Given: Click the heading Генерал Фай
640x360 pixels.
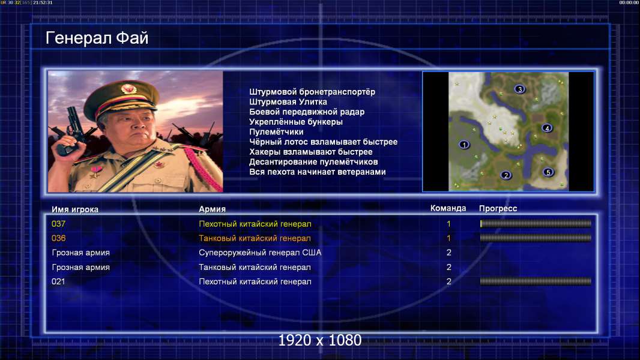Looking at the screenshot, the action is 97,38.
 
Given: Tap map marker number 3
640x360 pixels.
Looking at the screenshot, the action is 519,89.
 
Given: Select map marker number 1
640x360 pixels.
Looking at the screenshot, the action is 464,145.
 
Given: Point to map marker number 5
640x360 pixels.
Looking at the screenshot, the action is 548,172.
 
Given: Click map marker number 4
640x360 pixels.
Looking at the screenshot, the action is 547,128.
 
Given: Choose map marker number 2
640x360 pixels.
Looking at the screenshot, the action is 506,175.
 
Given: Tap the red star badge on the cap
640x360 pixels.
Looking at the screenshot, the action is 128,88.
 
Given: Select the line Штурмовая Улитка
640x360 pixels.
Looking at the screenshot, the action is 288,102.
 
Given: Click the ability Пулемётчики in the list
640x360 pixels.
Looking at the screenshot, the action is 276,132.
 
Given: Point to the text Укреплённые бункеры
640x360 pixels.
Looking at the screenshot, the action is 296,122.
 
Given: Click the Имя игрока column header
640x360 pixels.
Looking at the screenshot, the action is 74,209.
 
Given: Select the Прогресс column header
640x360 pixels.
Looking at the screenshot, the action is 498,209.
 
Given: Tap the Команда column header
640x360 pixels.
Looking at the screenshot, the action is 448,208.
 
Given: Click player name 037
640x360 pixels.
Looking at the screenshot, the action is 58,224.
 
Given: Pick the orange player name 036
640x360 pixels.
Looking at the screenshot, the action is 58,238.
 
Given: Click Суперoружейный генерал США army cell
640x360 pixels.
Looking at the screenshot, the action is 260,253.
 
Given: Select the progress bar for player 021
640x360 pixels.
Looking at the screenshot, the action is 536,281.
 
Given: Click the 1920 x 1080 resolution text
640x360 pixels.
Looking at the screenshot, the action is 320,340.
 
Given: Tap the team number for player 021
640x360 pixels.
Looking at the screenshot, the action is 449,281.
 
